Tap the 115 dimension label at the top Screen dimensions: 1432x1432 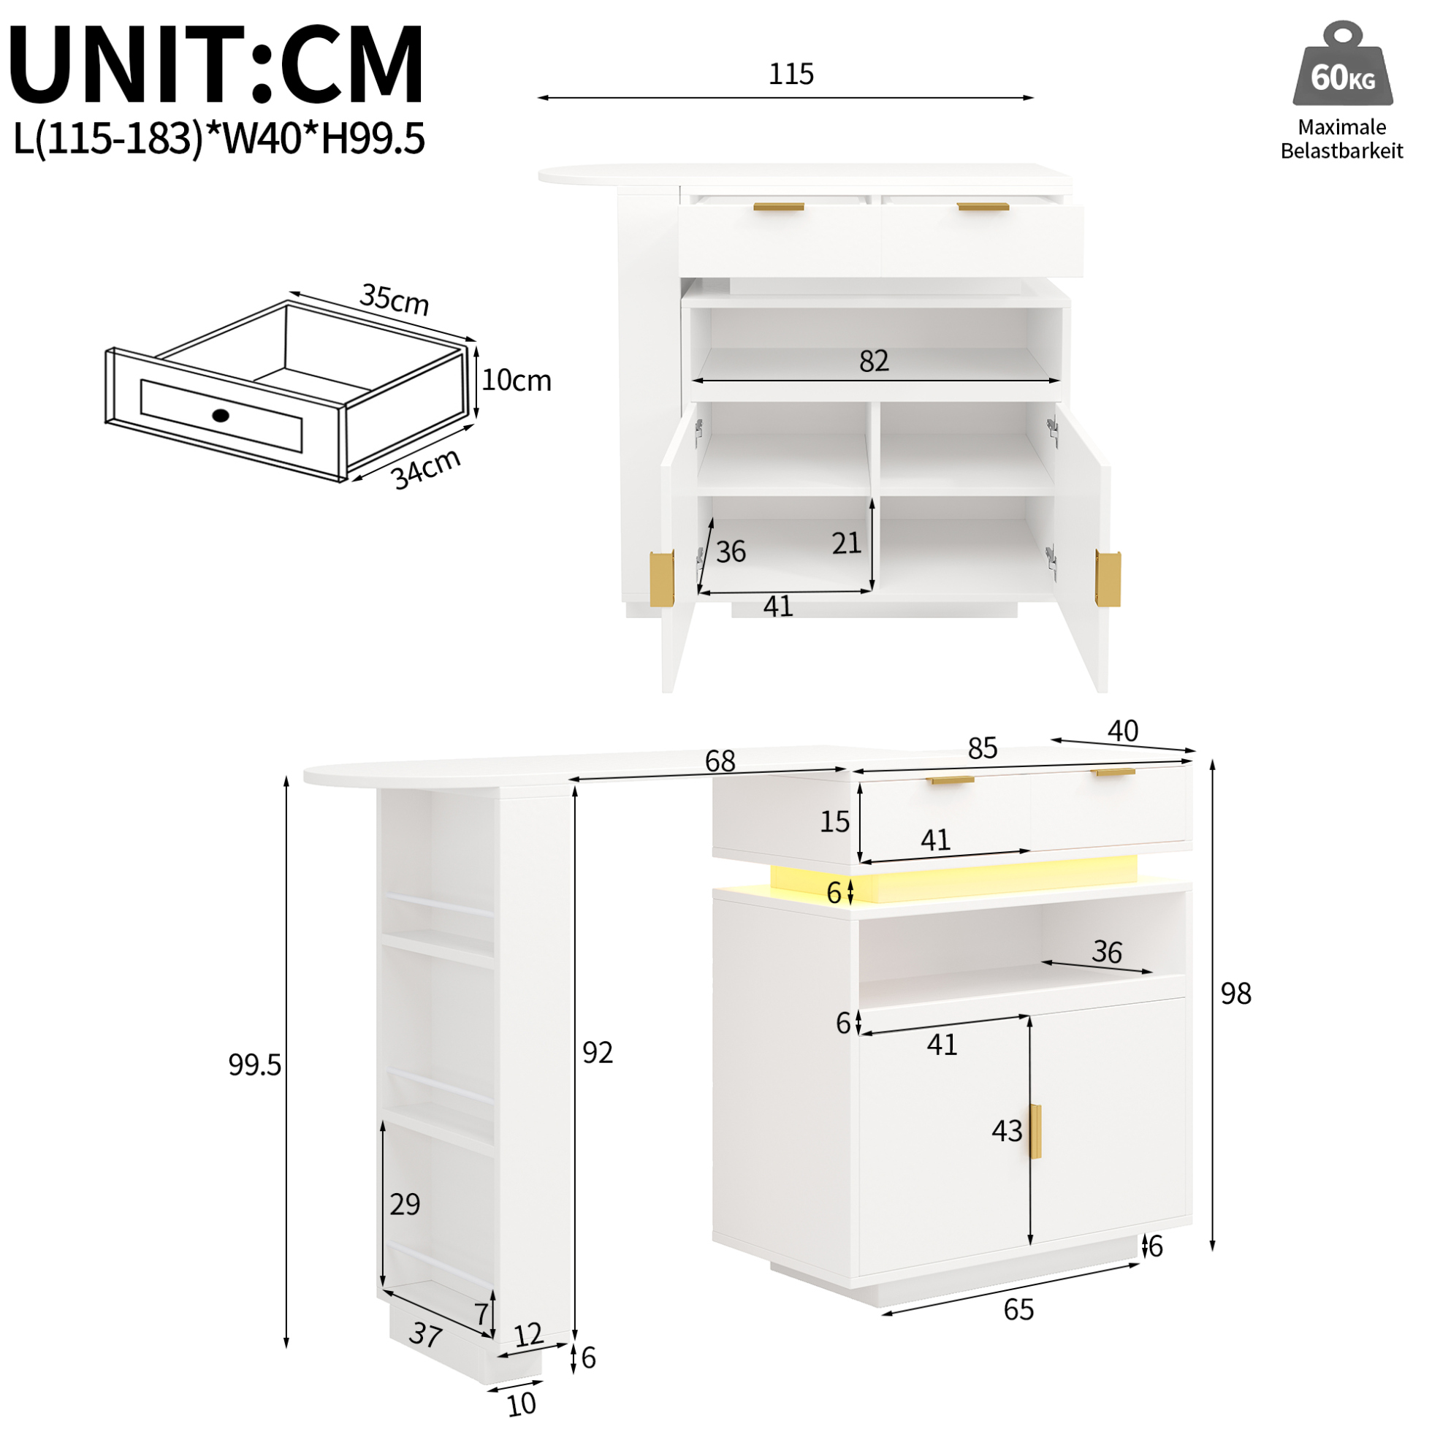[791, 74]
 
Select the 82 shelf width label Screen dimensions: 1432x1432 [874, 361]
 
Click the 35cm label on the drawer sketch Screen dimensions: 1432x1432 [395, 299]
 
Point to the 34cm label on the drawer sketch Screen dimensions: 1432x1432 [426, 469]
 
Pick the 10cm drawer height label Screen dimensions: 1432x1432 [517, 380]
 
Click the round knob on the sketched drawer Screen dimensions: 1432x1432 [221, 415]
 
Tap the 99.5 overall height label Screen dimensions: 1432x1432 [254, 1065]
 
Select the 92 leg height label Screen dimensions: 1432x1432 [598, 1053]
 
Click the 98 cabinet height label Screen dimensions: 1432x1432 [1235, 994]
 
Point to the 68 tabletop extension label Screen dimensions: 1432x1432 [720, 761]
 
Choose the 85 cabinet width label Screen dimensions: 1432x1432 [982, 749]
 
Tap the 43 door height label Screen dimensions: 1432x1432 [1007, 1131]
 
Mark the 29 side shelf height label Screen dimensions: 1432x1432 [405, 1205]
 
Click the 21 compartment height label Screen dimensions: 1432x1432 [847, 544]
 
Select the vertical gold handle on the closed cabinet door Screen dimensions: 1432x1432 [1035, 1131]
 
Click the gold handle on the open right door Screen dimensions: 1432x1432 [1108, 578]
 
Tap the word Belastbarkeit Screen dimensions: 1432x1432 [1341, 151]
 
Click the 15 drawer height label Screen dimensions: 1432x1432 [834, 821]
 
